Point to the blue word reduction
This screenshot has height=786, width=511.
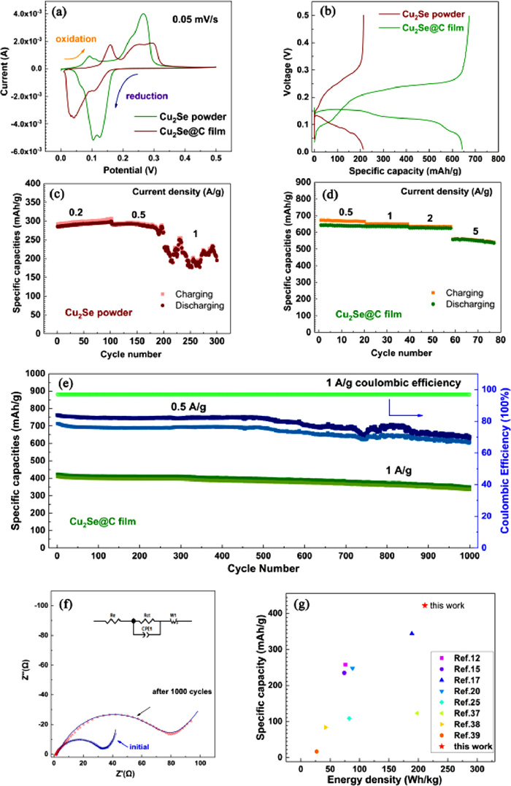(147, 96)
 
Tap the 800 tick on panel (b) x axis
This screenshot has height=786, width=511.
(496, 158)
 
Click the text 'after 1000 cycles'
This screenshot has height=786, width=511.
(182, 690)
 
